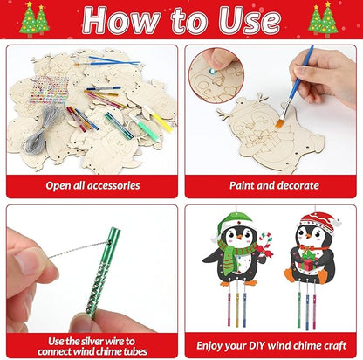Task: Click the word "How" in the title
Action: click(x=118, y=20)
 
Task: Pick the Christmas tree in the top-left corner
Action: click(x=32, y=17)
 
